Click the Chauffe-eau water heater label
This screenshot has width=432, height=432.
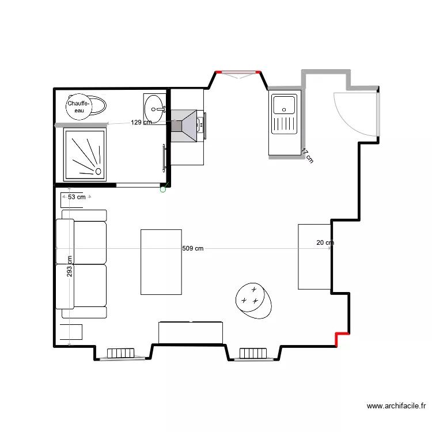(78, 107)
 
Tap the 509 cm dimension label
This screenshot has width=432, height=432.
(193, 248)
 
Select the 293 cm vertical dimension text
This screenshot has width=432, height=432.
(70, 266)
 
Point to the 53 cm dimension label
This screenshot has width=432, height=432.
(77, 197)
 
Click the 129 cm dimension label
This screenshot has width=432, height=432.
(141, 122)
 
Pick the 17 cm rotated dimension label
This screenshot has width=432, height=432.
(308, 156)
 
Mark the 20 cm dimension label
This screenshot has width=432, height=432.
(325, 242)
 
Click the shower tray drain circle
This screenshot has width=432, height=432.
(98, 172)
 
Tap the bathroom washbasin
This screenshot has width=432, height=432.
(154, 109)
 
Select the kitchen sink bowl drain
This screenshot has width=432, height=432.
(284, 109)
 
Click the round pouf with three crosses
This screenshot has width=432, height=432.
(253, 301)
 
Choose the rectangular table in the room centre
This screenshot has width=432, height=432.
(161, 262)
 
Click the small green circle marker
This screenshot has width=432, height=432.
(163, 190)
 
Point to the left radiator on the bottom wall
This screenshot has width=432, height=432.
(121, 353)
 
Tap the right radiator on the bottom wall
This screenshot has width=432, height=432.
(253, 353)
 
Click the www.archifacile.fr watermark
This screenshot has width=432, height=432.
(396, 406)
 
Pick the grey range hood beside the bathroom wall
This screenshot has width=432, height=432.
(184, 126)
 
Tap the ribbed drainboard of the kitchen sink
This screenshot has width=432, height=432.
(284, 124)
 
